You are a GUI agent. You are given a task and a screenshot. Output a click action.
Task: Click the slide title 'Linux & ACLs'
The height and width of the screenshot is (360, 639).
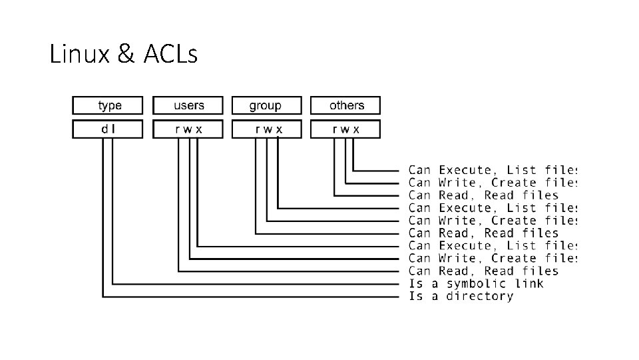coord(124,55)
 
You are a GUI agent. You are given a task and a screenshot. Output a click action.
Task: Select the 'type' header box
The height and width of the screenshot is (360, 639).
coord(107,105)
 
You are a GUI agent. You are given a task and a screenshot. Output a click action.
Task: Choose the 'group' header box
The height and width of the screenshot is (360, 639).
coord(266,105)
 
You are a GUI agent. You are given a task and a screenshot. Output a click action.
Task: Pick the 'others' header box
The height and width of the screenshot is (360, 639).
coord(346,105)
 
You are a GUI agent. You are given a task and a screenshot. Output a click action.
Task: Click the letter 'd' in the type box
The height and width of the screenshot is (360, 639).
coord(105,129)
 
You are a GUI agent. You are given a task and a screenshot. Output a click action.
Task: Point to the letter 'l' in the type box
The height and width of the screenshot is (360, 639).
coord(113,129)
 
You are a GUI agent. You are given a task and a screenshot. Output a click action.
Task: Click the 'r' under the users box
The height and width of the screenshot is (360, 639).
coord(178,129)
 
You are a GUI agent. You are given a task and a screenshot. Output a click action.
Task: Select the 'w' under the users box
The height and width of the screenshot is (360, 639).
coord(188,129)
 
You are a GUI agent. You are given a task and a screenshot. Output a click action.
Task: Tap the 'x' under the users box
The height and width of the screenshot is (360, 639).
coord(199,129)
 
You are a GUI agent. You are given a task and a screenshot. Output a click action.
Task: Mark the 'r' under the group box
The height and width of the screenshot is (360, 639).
coord(256,129)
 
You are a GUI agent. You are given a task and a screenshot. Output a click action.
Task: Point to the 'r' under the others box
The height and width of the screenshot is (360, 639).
coord(335,129)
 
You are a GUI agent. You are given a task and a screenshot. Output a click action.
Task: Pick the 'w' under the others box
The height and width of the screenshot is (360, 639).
coord(345,129)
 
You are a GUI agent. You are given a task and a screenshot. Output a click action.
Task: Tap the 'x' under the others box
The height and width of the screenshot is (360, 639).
coord(356,129)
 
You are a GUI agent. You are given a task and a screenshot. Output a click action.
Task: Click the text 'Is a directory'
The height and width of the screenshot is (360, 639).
coord(461,296)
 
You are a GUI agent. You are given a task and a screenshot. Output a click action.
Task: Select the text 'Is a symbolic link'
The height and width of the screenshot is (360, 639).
coord(475,283)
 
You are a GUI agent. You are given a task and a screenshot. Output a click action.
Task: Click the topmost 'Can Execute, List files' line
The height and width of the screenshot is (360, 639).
coord(492,170)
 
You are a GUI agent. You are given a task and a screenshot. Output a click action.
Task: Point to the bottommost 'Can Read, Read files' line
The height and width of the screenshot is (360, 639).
coord(483,271)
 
